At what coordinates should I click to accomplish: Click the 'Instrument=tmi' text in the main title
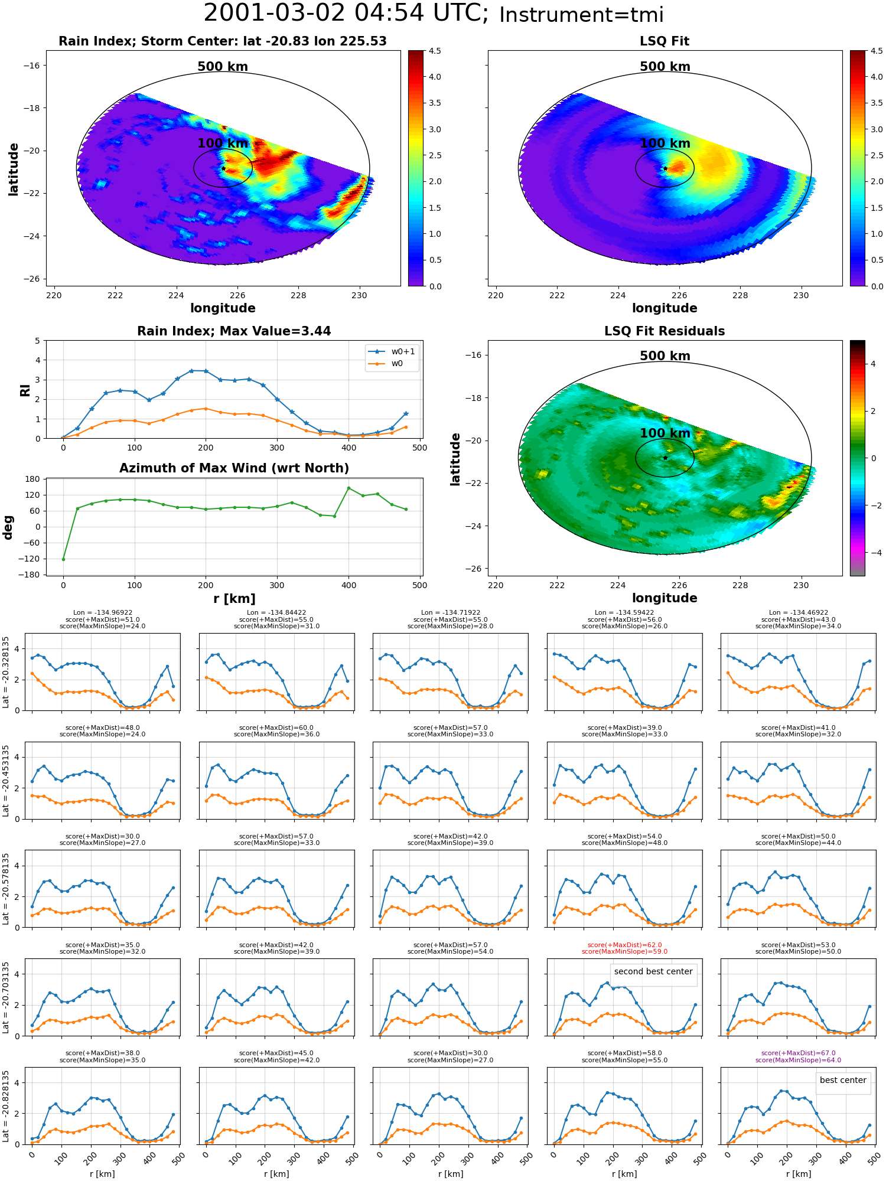point(581,15)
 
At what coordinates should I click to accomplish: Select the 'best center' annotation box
point(843,1080)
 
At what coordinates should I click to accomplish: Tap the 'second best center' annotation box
point(653,971)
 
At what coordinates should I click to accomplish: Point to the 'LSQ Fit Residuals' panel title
point(664,331)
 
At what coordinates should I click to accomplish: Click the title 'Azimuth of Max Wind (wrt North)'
point(234,468)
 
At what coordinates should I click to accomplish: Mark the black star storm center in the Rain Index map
point(223,168)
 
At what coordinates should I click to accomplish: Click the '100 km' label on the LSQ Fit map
point(665,143)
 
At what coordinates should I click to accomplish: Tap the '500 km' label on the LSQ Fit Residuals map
point(665,356)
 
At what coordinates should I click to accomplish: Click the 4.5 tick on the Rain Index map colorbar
point(435,51)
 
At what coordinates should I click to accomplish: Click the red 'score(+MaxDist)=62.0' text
point(624,945)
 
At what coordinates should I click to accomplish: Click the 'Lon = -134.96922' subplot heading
point(102,612)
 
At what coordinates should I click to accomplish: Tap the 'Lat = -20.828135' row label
point(6,1105)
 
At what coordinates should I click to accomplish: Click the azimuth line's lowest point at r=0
point(63,559)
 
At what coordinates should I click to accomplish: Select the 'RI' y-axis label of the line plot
point(25,390)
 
